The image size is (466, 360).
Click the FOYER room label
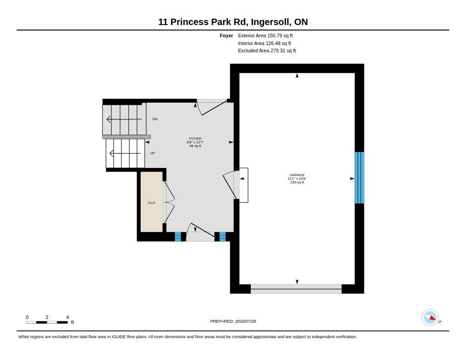pyautogui.click(x=195, y=138)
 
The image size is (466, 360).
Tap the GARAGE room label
pyautogui.click(x=297, y=175)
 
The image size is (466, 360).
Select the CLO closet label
pyautogui.click(x=151, y=203)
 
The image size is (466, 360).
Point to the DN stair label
pyautogui.click(x=155, y=119)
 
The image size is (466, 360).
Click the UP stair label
pyautogui.click(x=152, y=153)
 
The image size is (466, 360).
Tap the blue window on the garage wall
pyautogui.click(x=360, y=178)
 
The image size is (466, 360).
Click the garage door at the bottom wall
pyautogui.click(x=296, y=289)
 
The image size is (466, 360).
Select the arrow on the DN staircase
pyautogui.click(x=124, y=119)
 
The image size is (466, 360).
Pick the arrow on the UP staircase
pyautogui.click(x=125, y=153)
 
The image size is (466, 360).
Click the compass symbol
pyautogui.click(x=430, y=318)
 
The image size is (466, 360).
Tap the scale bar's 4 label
pyautogui.click(x=67, y=317)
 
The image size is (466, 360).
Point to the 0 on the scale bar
pyautogui.click(x=27, y=317)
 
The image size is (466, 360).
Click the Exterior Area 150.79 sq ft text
pyautogui.click(x=265, y=35)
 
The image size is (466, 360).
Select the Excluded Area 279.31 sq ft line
pyautogui.click(x=267, y=51)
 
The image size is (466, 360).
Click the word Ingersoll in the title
pyautogui.click(x=271, y=22)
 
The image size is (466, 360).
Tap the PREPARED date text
pyautogui.click(x=233, y=321)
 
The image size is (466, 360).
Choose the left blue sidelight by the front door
pyautogui.click(x=178, y=237)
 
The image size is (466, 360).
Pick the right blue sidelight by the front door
pyautogui.click(x=223, y=237)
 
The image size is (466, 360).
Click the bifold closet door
pyautogui.click(x=168, y=202)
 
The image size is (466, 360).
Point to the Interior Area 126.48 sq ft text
pyautogui.click(x=264, y=43)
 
